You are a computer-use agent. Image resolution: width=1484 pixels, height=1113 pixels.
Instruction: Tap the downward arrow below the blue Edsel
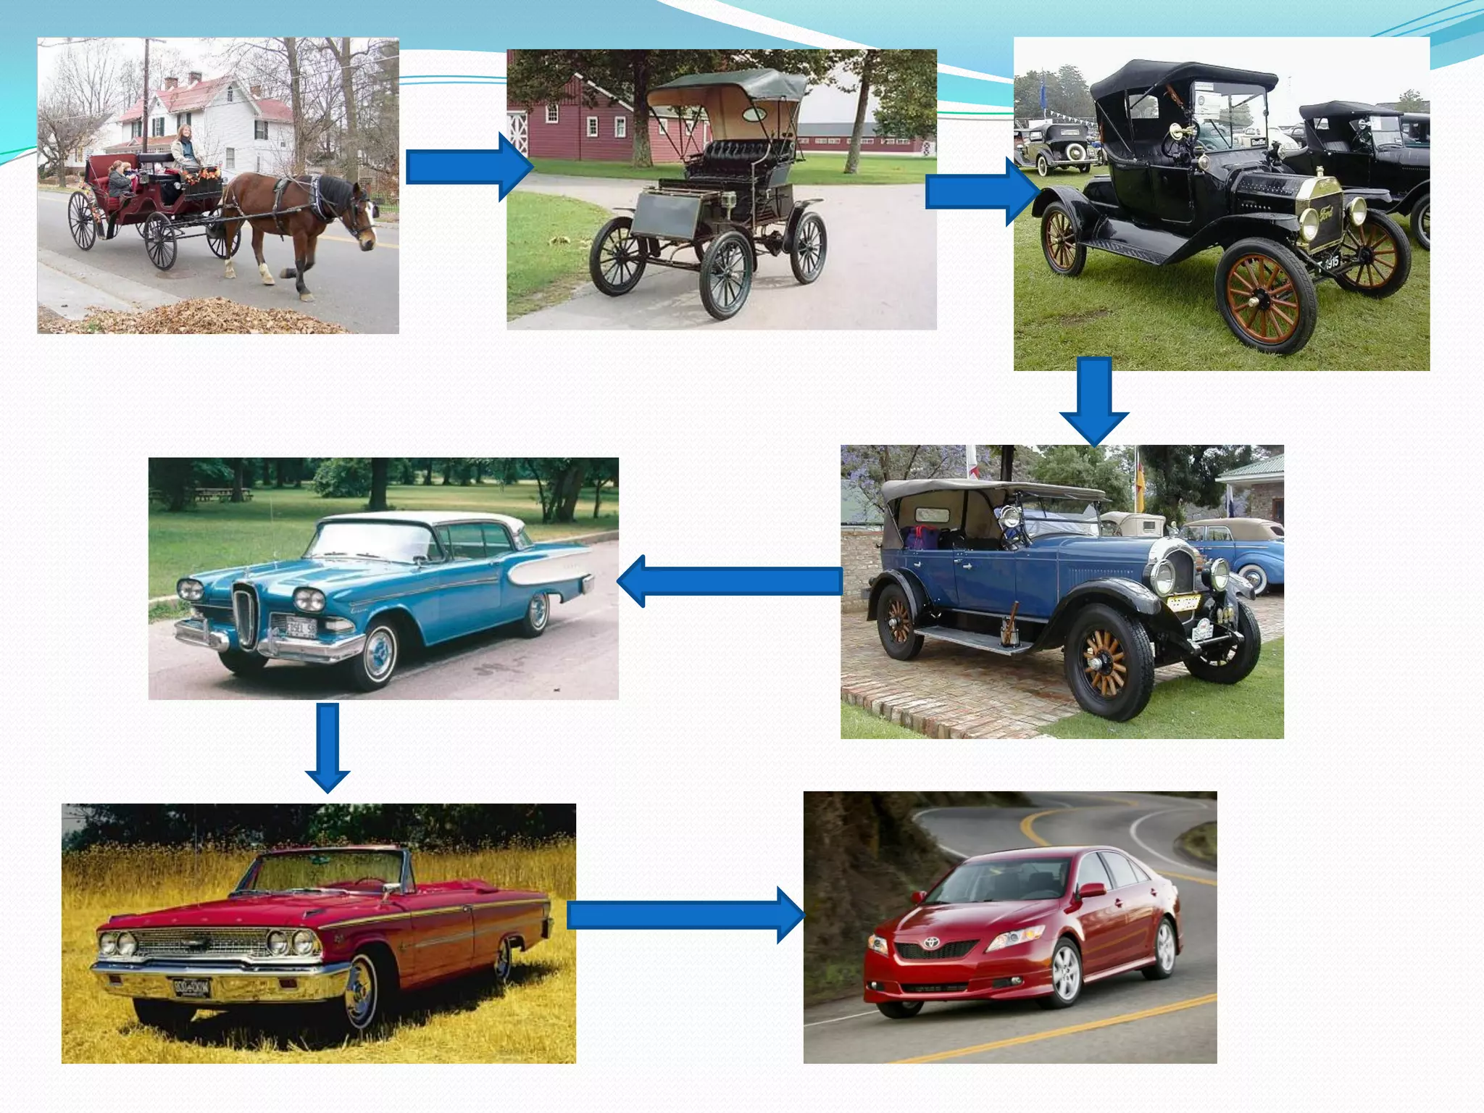click(328, 747)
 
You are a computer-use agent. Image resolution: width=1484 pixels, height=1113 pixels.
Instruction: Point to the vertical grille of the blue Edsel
click(245, 616)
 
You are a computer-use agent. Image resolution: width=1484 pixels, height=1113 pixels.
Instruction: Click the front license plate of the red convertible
click(191, 987)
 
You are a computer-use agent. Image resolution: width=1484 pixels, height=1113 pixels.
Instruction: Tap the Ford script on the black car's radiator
click(1326, 214)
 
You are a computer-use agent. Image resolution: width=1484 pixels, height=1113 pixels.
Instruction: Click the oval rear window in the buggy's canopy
click(754, 114)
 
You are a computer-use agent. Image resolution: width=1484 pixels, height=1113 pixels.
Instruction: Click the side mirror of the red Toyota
click(1092, 890)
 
